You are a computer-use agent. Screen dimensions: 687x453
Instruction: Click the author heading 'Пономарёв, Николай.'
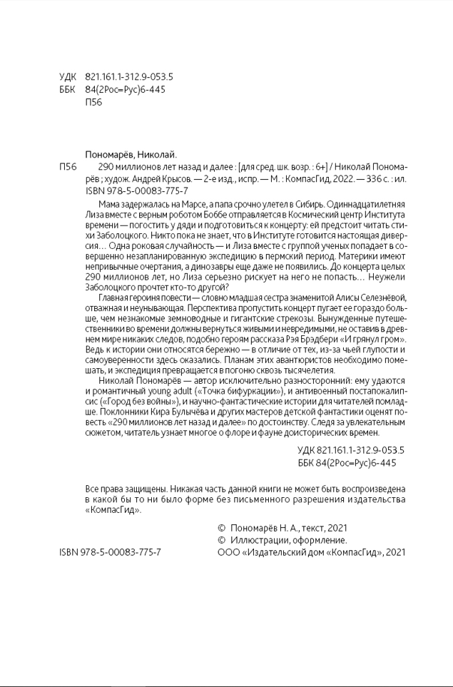point(130,154)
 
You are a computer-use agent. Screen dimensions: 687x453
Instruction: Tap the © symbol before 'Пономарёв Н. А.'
point(220,529)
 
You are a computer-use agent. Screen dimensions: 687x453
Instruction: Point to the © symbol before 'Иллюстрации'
point(220,540)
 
